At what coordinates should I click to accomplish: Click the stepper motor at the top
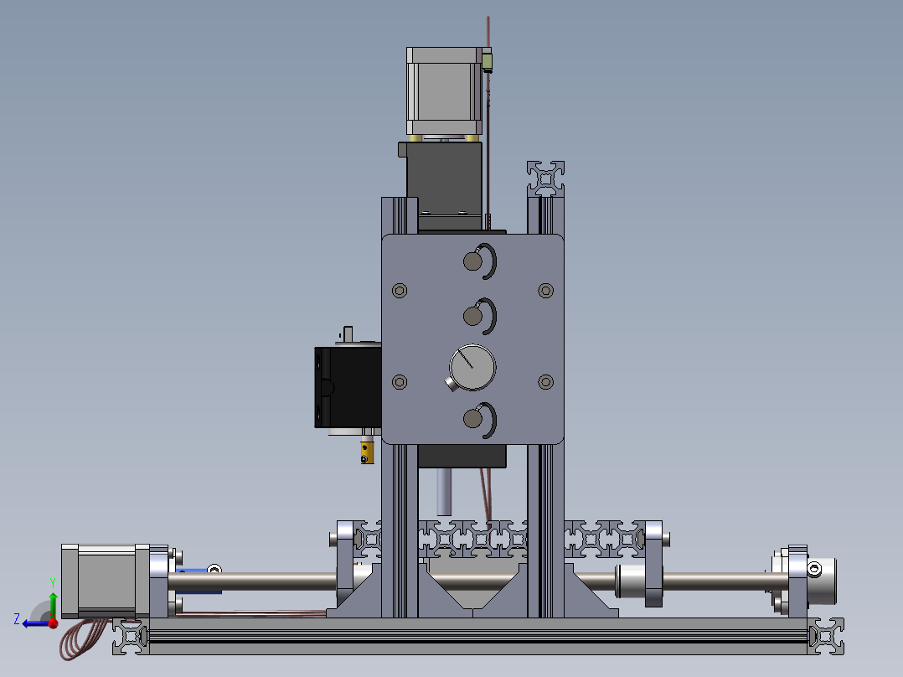click(444, 91)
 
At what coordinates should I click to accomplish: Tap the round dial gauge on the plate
click(472, 368)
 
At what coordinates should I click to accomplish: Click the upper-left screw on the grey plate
click(400, 291)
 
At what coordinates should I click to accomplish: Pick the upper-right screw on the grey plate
click(546, 291)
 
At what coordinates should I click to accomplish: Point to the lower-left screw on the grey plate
click(400, 381)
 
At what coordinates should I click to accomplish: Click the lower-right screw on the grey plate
click(546, 381)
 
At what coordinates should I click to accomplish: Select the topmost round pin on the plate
click(472, 261)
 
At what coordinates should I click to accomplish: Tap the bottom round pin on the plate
click(472, 418)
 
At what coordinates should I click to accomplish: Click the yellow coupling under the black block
click(367, 452)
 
